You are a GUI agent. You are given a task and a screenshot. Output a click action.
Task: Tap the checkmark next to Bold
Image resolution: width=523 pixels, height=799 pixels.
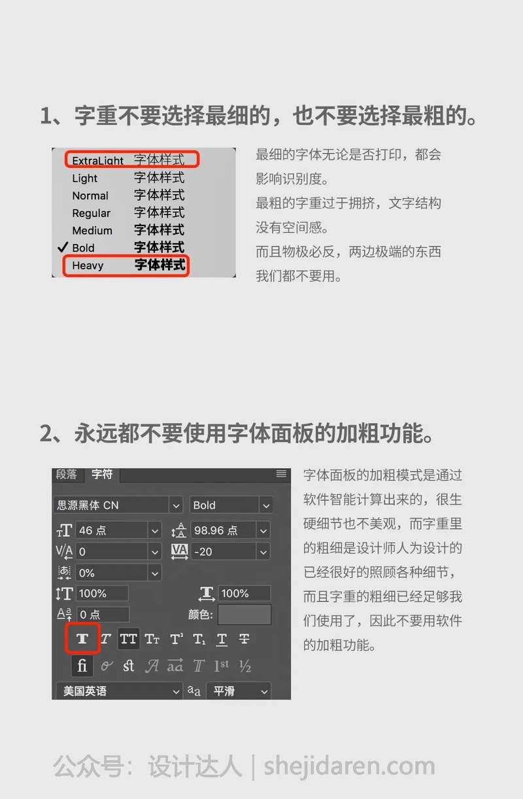[62, 247]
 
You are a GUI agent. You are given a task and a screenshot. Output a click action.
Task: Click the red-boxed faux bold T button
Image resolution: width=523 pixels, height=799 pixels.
[82, 639]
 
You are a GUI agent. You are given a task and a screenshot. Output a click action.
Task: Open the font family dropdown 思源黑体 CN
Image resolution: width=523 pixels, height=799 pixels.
[118, 505]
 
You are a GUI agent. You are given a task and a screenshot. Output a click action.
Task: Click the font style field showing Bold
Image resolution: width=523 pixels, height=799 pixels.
[231, 505]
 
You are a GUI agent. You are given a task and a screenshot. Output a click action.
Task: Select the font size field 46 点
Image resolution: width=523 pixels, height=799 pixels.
[118, 530]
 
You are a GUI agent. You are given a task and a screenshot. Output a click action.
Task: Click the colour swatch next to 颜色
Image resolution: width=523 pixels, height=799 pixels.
[245, 614]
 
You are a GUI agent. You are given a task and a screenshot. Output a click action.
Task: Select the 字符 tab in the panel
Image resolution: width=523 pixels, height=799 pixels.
[102, 475]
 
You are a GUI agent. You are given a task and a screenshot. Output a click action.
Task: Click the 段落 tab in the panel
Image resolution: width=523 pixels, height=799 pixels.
[67, 475]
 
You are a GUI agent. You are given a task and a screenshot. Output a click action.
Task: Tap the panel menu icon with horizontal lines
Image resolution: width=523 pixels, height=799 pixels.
[281, 473]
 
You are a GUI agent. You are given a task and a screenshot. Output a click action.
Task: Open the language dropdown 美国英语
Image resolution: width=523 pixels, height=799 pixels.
[120, 691]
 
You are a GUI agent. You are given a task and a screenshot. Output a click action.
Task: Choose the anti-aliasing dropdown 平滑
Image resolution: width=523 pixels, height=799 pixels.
[239, 691]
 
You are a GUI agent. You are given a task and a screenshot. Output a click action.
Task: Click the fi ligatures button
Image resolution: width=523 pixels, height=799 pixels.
[82, 665]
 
